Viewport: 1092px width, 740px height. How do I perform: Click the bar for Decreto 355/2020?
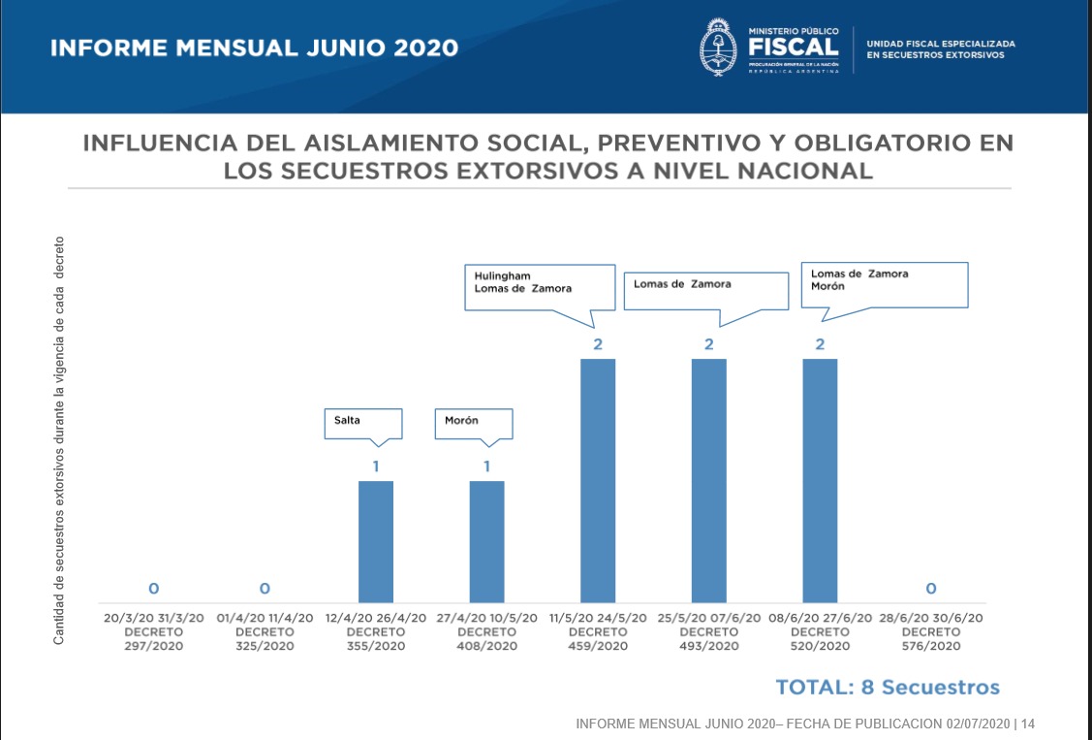pyautogui.click(x=376, y=541)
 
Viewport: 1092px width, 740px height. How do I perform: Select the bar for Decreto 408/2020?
pyautogui.click(x=486, y=541)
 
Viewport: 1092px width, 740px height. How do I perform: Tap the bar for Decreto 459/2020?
pyautogui.click(x=598, y=480)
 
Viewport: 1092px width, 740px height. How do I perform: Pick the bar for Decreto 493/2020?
pyautogui.click(x=708, y=480)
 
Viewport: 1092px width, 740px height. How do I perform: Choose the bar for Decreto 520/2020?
pyautogui.click(x=820, y=480)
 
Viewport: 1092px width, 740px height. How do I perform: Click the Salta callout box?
pyautogui.click(x=361, y=423)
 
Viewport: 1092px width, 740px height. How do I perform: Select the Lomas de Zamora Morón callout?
pyautogui.click(x=884, y=283)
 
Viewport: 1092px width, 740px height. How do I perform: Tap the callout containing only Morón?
pyautogui.click(x=473, y=423)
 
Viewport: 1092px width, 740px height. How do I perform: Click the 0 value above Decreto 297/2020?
pyautogui.click(x=153, y=588)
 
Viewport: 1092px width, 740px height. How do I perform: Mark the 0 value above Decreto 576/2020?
pyautogui.click(x=930, y=588)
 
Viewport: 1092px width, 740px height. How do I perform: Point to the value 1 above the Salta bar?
pyautogui.click(x=376, y=467)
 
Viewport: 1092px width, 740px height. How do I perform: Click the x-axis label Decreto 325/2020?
pyautogui.click(x=265, y=631)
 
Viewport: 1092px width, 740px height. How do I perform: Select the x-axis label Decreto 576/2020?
pyautogui.click(x=930, y=631)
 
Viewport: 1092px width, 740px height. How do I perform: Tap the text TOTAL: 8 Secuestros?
pyautogui.click(x=887, y=688)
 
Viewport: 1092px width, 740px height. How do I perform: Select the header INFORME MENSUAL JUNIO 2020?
pyautogui.click(x=254, y=48)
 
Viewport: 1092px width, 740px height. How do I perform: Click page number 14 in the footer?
pyautogui.click(x=1028, y=724)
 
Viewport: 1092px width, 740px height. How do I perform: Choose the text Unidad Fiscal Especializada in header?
pyautogui.click(x=940, y=44)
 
